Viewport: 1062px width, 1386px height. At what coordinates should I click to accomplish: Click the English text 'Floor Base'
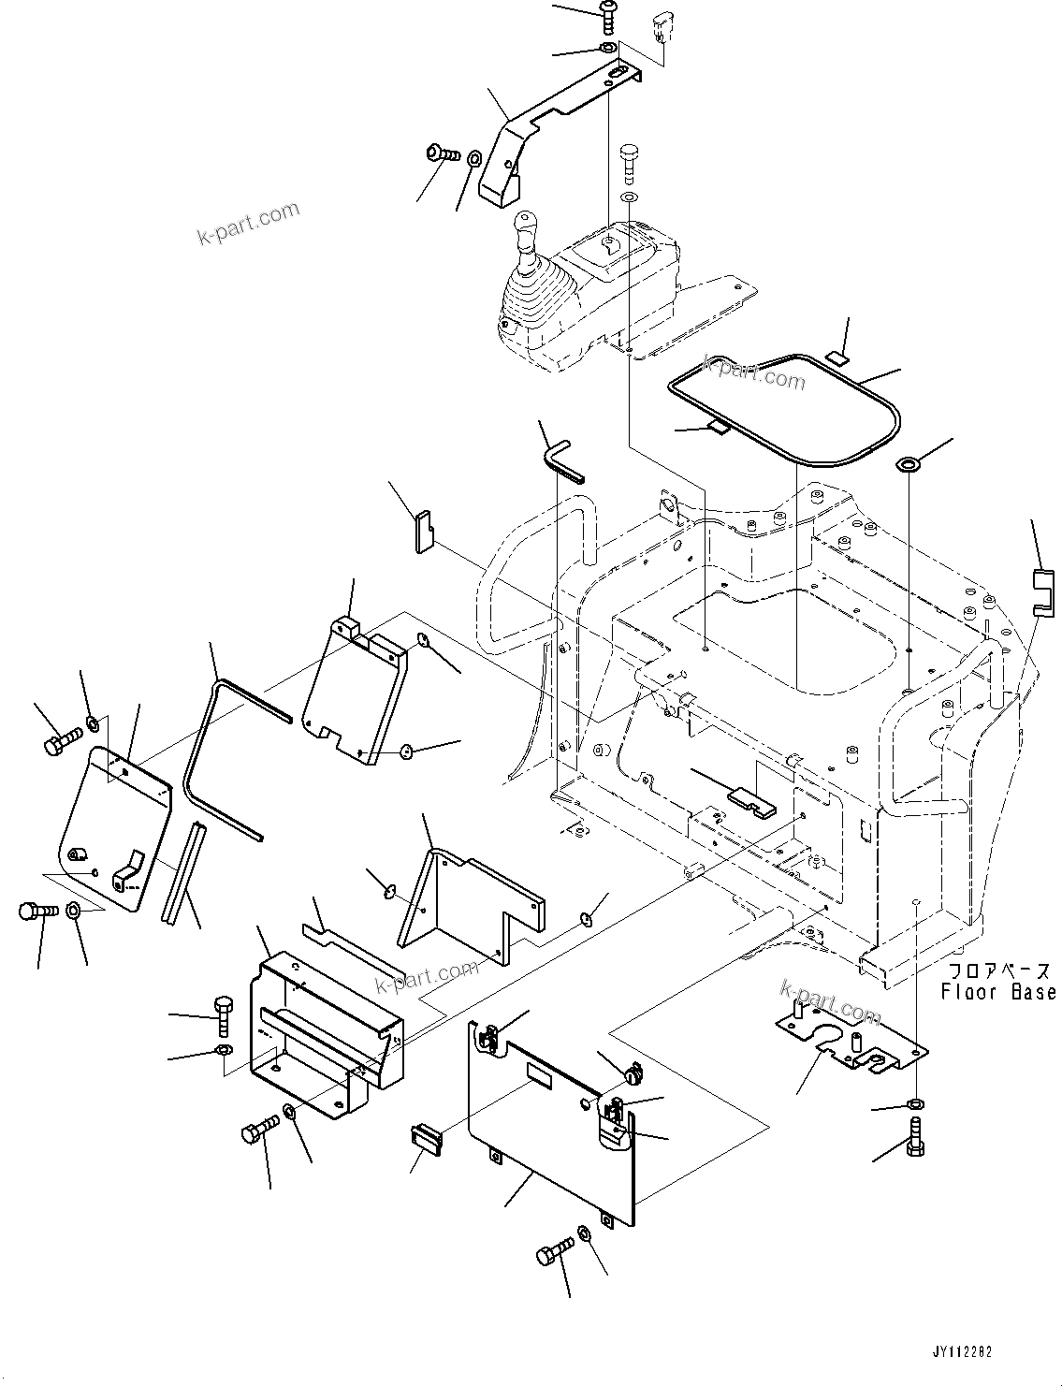997,992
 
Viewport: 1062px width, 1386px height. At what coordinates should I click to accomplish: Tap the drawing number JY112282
961,1352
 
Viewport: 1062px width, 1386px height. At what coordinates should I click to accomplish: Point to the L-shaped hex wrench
560,458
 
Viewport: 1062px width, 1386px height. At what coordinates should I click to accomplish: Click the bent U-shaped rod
220,749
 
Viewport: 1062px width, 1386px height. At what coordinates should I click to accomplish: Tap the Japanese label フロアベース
997,971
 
